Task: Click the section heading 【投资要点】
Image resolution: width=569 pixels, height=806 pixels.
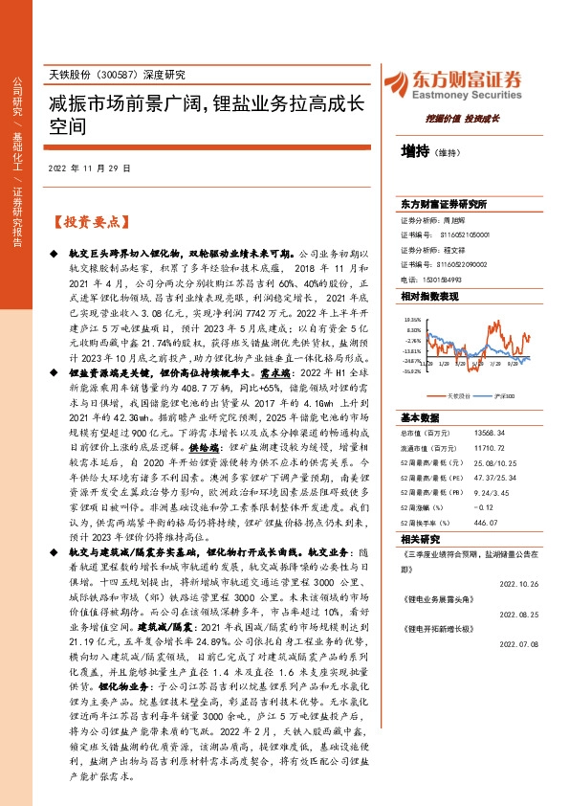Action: coord(87,221)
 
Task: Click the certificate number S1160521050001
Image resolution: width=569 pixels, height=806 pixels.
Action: coord(465,234)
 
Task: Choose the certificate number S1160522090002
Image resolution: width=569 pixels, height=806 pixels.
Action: coord(464,263)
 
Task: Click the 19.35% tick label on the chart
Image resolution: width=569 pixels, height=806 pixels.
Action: coord(413,320)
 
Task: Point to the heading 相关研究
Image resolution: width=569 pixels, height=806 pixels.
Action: coord(420,539)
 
